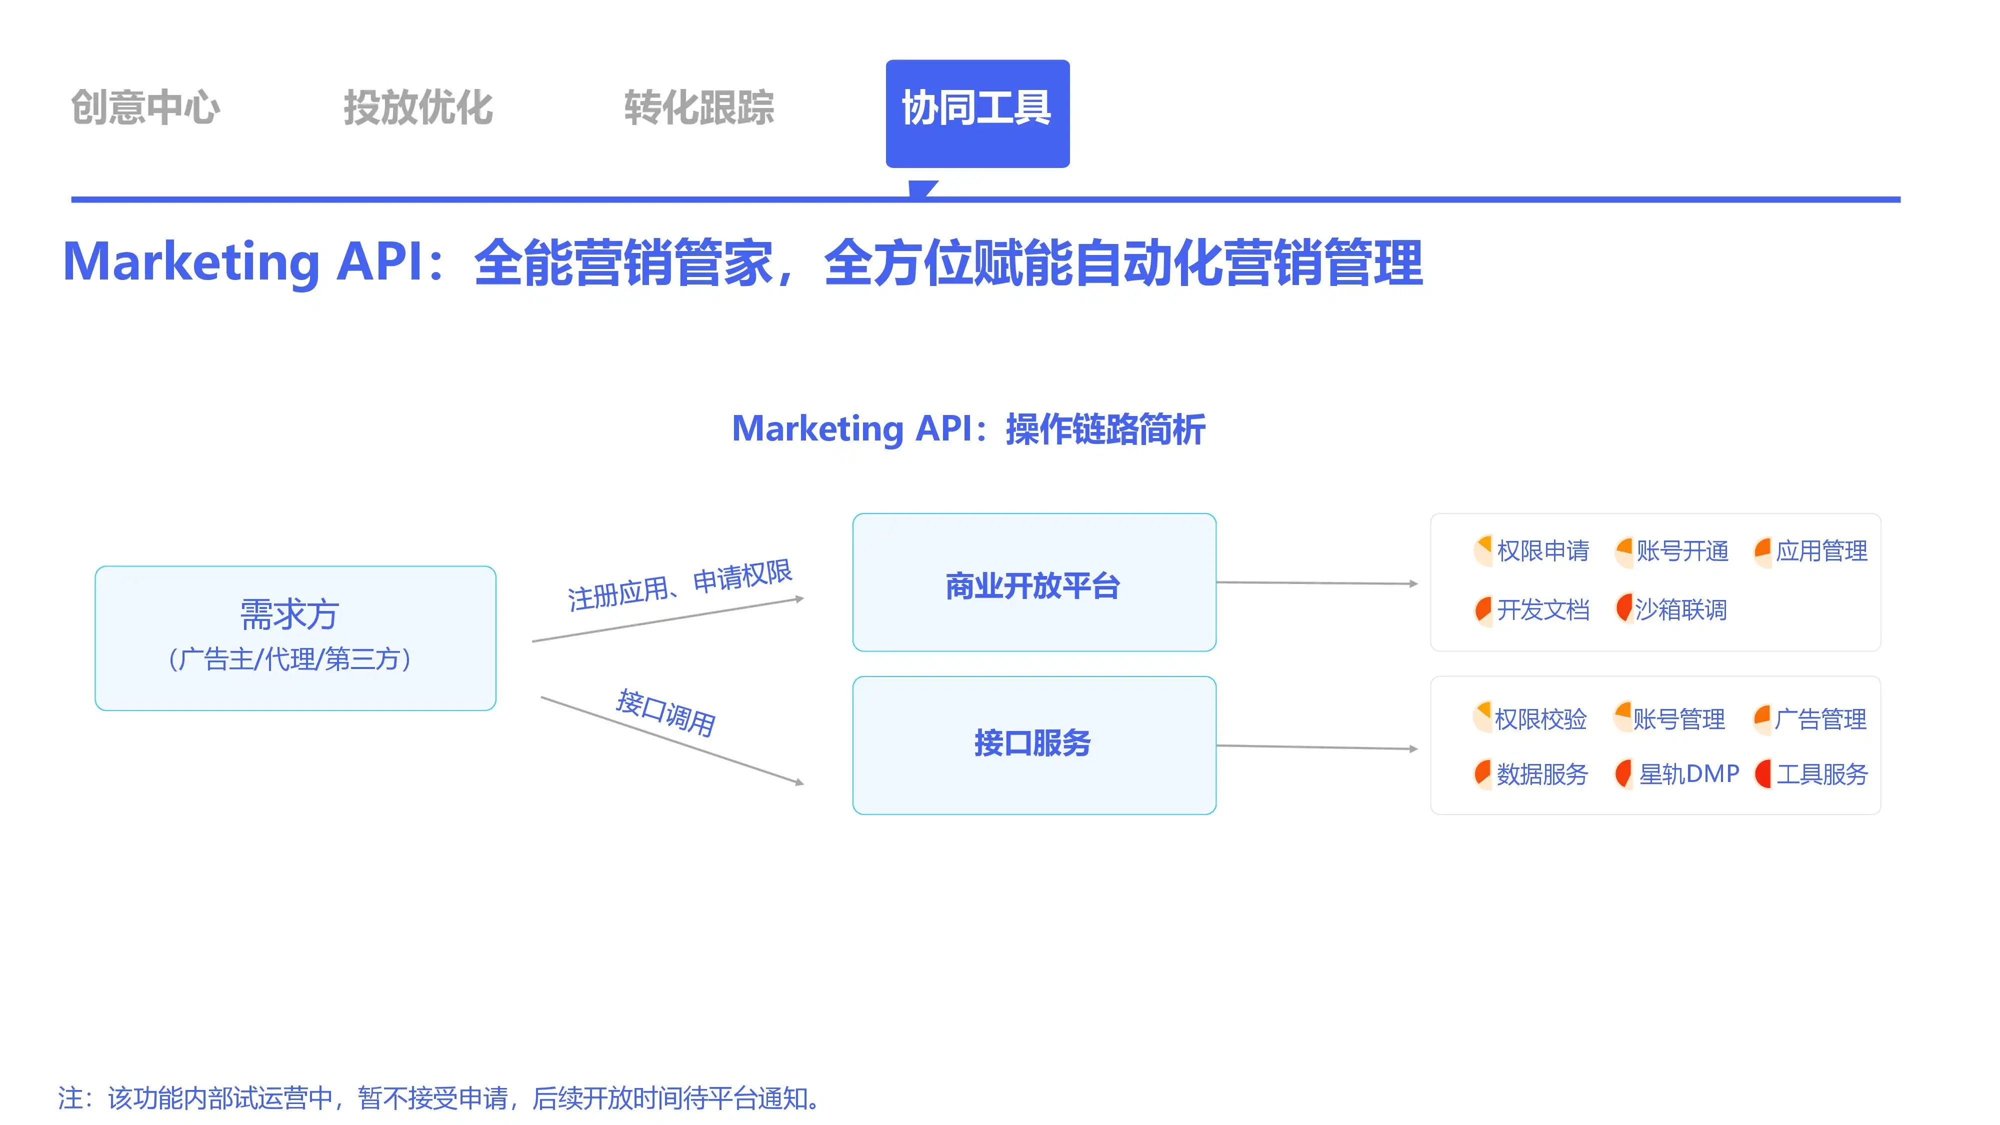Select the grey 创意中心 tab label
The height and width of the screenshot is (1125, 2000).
point(146,107)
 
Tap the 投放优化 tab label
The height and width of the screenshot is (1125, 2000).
point(418,107)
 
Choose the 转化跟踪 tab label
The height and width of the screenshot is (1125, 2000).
point(699,107)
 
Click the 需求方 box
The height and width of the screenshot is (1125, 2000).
point(295,637)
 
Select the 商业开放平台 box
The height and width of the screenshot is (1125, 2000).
point(1033,582)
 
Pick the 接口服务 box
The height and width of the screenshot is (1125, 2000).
point(1033,744)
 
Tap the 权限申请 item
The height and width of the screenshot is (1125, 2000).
point(1542,550)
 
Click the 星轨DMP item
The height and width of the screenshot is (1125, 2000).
point(1688,773)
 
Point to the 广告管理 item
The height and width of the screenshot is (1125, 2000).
point(1820,719)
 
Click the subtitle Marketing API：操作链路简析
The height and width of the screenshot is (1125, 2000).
point(968,428)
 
